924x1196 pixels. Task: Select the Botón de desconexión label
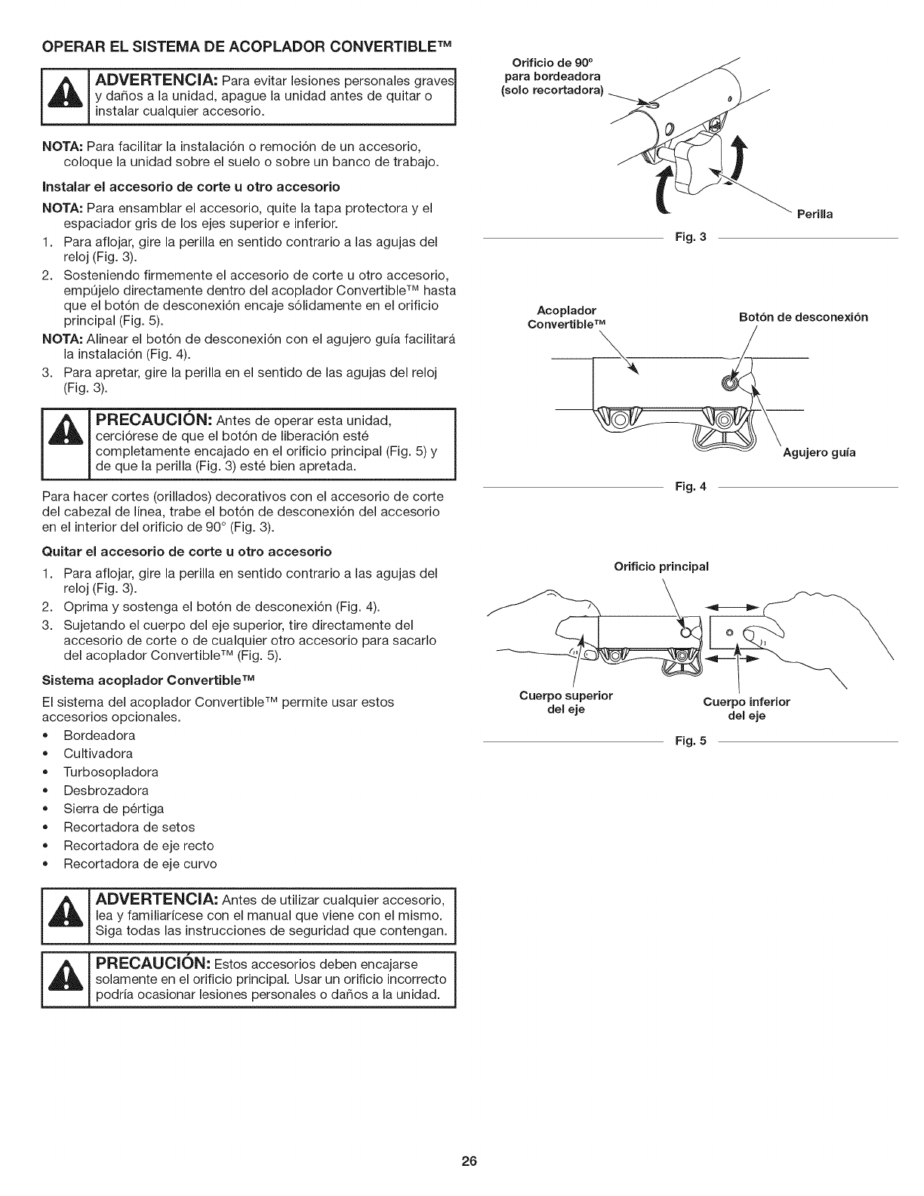[802, 317]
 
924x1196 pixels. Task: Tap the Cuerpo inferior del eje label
[747, 709]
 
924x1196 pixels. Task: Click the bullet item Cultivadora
[98, 754]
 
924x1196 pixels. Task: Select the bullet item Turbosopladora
[111, 772]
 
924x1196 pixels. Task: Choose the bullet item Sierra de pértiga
[113, 809]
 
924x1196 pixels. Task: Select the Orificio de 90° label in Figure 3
[555, 76]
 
